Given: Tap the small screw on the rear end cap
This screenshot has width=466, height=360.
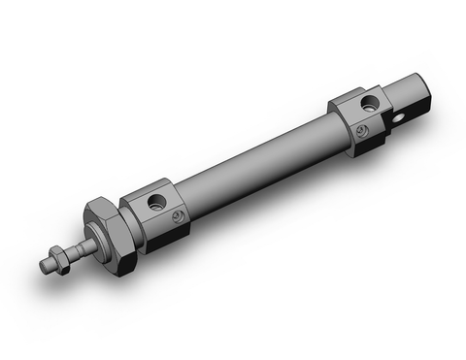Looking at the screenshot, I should tap(362, 130).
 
